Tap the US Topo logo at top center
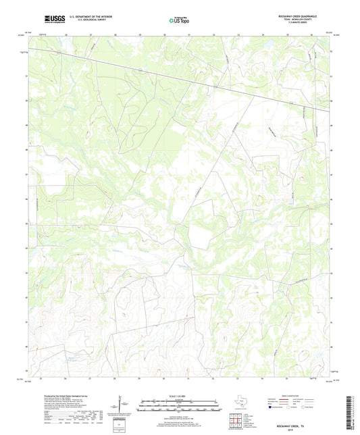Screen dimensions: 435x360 click(178, 21)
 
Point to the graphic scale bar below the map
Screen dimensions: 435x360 click(179, 405)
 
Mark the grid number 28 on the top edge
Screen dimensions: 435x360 click(115, 32)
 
